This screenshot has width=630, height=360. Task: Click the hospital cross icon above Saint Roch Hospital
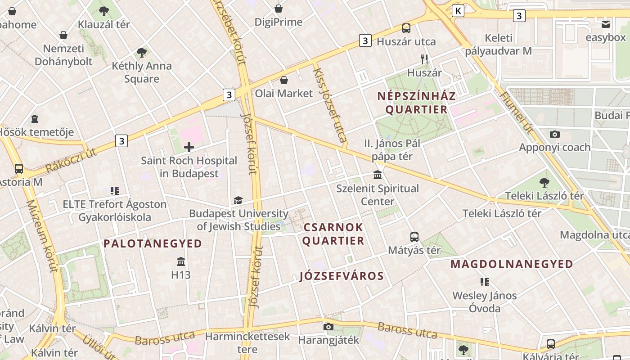pyautogui.click(x=189, y=147)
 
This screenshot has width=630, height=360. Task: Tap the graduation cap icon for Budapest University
pyautogui.click(x=238, y=200)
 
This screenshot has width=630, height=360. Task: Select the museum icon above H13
pyautogui.click(x=181, y=261)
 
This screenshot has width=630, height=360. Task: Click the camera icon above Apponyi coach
pyautogui.click(x=555, y=134)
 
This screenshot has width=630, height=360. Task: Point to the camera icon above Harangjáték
pyautogui.click(x=328, y=327)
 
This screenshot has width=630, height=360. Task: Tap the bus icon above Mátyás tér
pyautogui.click(x=414, y=237)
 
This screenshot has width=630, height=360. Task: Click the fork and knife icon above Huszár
pyautogui.click(x=424, y=59)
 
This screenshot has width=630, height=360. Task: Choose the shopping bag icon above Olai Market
pyautogui.click(x=283, y=80)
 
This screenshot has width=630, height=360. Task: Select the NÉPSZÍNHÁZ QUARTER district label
pyautogui.click(x=416, y=103)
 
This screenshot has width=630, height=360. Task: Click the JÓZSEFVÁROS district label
pyautogui.click(x=342, y=276)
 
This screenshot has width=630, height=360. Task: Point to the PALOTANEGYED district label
pyautogui.click(x=153, y=243)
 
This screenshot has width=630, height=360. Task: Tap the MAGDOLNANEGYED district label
pyautogui.click(x=512, y=264)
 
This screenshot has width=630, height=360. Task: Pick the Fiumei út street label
pyautogui.click(x=517, y=113)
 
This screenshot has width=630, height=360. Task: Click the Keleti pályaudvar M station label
pyautogui.click(x=499, y=45)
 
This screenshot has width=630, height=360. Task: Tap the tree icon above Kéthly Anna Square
pyautogui.click(x=142, y=52)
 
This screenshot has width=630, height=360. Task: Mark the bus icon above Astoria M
pyautogui.click(x=19, y=169)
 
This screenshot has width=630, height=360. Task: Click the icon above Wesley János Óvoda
pyautogui.click(x=485, y=282)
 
